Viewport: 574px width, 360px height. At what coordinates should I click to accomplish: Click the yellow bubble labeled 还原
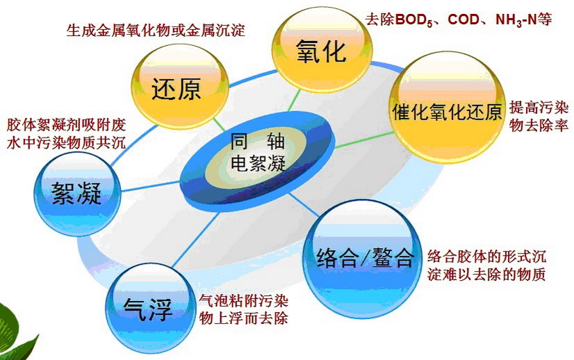point(180,87)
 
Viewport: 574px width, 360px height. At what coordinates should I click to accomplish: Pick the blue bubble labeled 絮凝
point(77,194)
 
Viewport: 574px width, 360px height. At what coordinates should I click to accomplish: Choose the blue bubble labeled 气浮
point(151,309)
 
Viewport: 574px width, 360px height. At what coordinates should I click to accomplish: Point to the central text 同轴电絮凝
point(258,153)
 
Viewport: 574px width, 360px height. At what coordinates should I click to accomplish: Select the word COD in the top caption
point(464,19)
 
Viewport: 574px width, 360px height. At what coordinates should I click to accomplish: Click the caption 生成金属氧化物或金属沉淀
point(156,31)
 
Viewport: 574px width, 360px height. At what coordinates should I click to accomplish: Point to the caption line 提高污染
point(539,108)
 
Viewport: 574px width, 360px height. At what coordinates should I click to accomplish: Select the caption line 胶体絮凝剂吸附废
point(66,124)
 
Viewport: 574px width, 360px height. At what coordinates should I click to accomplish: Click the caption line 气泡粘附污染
point(243,301)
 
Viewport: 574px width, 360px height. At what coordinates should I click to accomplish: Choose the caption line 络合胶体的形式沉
point(486,256)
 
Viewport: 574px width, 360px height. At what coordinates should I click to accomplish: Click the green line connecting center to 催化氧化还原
point(363,140)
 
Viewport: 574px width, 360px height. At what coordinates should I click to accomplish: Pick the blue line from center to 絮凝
point(151,186)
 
